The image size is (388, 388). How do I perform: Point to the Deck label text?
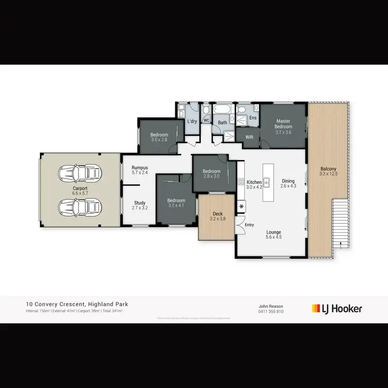pyautogui.click(x=218, y=214)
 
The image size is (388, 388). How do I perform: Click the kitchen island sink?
pyautogui.click(x=267, y=182)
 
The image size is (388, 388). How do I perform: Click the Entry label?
pyautogui.click(x=250, y=225)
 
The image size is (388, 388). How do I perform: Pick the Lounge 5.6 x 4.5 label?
pyautogui.click(x=273, y=235)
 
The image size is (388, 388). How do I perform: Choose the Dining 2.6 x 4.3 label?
pyautogui.click(x=288, y=184)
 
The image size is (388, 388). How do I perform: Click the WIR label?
pyautogui.click(x=249, y=137)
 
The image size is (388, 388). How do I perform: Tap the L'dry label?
pyautogui.click(x=192, y=122)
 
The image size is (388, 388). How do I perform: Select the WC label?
pyautogui.click(x=206, y=121)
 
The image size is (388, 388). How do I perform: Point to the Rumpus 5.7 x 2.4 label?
pyautogui.click(x=140, y=170)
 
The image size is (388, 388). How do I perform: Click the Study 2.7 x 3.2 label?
pyautogui.click(x=140, y=205)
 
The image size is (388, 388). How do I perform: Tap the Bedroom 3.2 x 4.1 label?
pyautogui.click(x=176, y=203)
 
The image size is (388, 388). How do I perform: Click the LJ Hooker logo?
pyautogui.click(x=337, y=309)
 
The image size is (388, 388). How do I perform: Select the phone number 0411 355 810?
pyautogui.click(x=271, y=311)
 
